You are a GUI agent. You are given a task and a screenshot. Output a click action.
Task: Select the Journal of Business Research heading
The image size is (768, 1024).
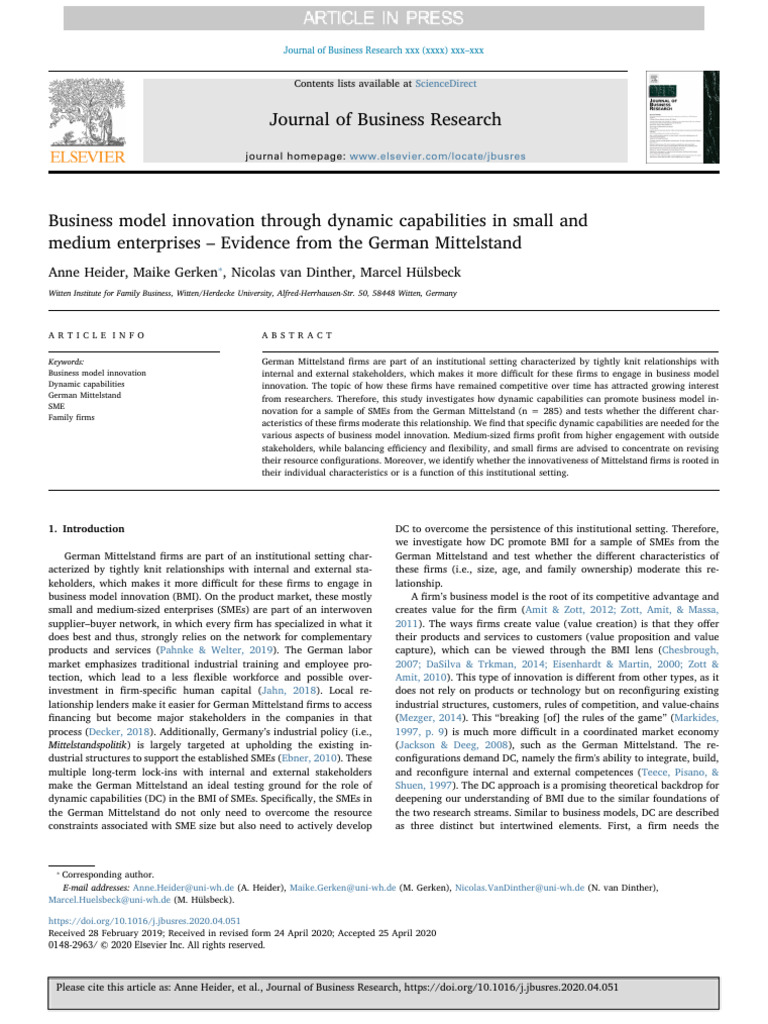pyautogui.click(x=384, y=120)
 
